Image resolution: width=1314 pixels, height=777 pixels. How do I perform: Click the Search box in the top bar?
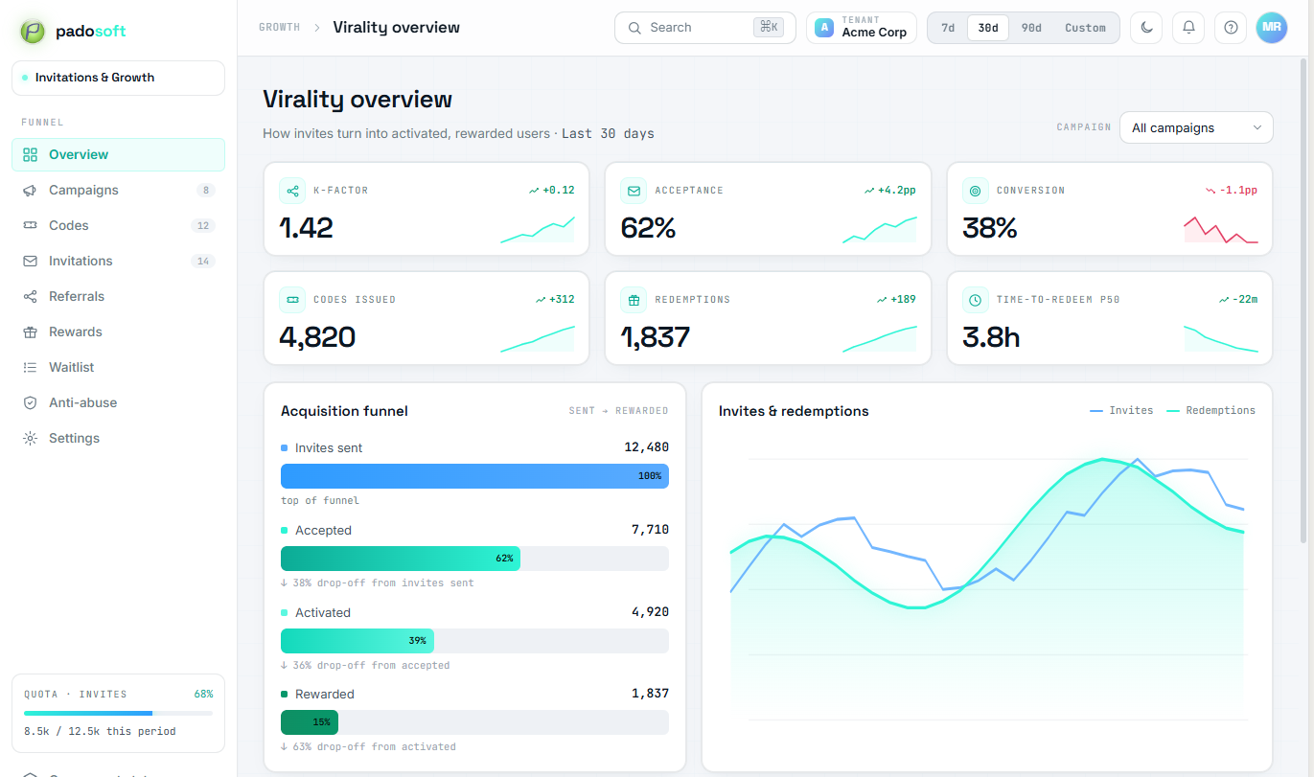pyautogui.click(x=704, y=28)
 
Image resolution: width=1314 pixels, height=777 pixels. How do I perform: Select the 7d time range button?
pyautogui.click(x=947, y=28)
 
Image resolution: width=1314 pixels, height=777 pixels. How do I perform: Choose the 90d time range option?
pyautogui.click(x=1030, y=28)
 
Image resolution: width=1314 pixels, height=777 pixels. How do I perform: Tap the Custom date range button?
pyautogui.click(x=1085, y=28)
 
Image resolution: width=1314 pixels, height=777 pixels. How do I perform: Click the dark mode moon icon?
pyautogui.click(x=1146, y=28)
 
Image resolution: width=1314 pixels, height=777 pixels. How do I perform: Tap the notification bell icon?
pyautogui.click(x=1188, y=28)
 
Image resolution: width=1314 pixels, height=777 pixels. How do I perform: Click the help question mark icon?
pyautogui.click(x=1231, y=28)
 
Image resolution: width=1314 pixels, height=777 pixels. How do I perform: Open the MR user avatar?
pyautogui.click(x=1271, y=28)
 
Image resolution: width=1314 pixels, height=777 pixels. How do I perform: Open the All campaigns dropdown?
pyautogui.click(x=1196, y=127)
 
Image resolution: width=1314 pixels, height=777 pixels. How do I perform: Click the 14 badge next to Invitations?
pyautogui.click(x=203, y=261)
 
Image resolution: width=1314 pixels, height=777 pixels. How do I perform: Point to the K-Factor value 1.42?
pyautogui.click(x=306, y=227)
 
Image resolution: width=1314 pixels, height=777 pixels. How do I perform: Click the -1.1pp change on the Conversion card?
pyautogui.click(x=1238, y=190)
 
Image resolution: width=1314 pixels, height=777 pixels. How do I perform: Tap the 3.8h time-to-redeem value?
pyautogui.click(x=991, y=337)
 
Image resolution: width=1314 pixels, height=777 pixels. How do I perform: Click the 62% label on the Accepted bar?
pyautogui.click(x=504, y=559)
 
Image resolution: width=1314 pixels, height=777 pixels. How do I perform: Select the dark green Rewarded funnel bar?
pyautogui.click(x=310, y=722)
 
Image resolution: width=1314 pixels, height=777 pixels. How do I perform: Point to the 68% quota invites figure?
pyautogui.click(x=203, y=695)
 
